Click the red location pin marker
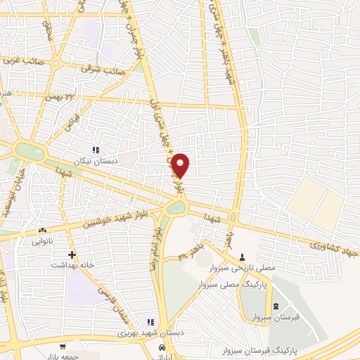click(181, 166)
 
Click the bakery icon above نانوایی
click(43, 230)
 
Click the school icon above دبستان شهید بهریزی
click(148, 321)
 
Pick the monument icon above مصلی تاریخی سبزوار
click(243, 256)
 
